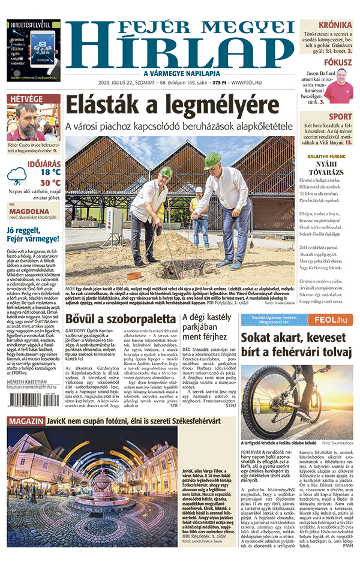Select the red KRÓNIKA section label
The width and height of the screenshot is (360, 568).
coord(335,25)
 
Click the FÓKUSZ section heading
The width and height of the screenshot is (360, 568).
coord(338,62)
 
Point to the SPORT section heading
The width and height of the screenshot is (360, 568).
coord(341,116)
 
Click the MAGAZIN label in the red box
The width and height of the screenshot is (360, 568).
coord(25,421)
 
